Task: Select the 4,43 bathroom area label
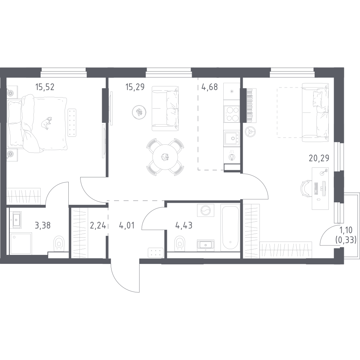(184, 226)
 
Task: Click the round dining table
(165, 157)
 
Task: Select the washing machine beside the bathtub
(206, 210)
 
